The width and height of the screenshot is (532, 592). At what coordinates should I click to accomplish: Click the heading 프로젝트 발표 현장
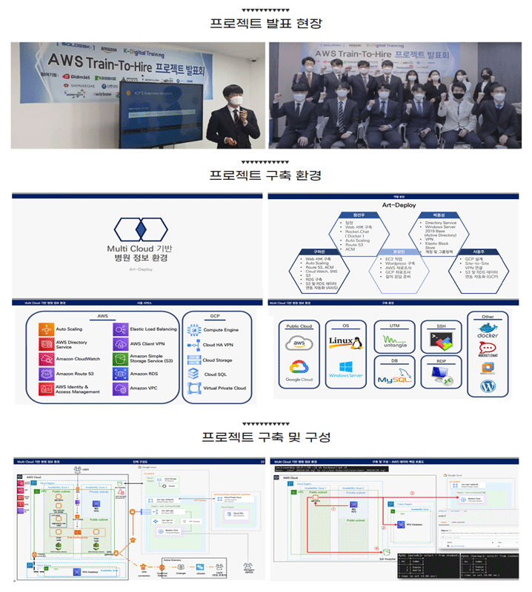click(x=266, y=23)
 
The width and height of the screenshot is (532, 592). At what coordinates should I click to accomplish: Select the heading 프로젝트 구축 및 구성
click(x=266, y=435)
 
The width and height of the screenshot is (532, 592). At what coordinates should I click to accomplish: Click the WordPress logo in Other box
click(x=487, y=386)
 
